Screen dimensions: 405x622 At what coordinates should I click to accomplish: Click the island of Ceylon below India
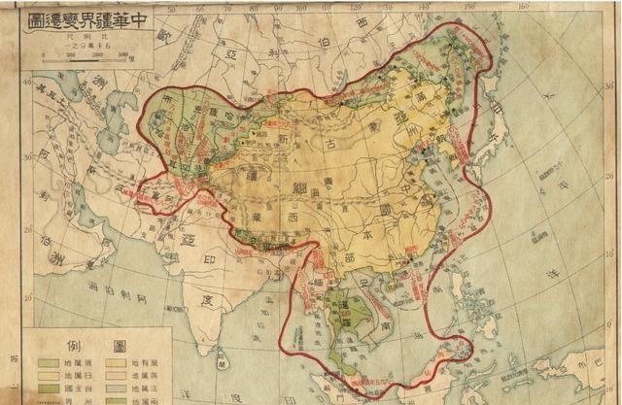(x=223, y=362)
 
